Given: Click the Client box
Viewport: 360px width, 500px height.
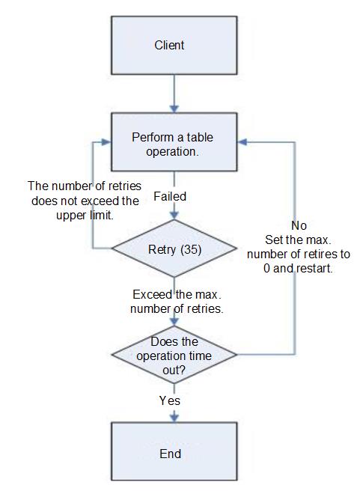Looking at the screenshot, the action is [x=174, y=45].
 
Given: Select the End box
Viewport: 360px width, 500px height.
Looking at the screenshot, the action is [x=174, y=451].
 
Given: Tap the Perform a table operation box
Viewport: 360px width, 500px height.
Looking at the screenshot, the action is [x=174, y=142].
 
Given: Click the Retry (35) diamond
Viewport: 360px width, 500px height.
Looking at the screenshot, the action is [x=174, y=249].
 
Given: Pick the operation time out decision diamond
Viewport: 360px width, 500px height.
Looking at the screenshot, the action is [x=174, y=355].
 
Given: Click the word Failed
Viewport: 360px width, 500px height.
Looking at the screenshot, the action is [x=170, y=196].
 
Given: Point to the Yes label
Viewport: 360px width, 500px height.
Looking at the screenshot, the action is [x=170, y=401].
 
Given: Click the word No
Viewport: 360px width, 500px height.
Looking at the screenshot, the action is [x=299, y=226].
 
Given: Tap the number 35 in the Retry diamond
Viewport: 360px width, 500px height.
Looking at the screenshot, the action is [x=192, y=249].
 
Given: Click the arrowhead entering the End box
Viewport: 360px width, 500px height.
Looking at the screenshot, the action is [x=174, y=417].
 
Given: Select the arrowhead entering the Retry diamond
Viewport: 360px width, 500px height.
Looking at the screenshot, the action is [x=174, y=215].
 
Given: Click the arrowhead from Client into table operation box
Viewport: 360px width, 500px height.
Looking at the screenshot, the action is [x=174, y=108].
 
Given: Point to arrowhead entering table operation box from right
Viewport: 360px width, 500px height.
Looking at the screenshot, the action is [x=242, y=142].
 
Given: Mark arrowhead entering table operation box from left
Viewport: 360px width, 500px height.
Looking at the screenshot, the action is [x=106, y=142].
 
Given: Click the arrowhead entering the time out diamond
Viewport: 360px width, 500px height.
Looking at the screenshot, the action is [x=174, y=321].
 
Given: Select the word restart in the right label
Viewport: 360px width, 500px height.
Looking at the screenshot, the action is [x=314, y=269].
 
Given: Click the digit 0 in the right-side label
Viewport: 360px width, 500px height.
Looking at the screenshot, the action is [x=267, y=269].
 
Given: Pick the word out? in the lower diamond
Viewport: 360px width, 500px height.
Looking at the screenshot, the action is [x=174, y=371].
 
